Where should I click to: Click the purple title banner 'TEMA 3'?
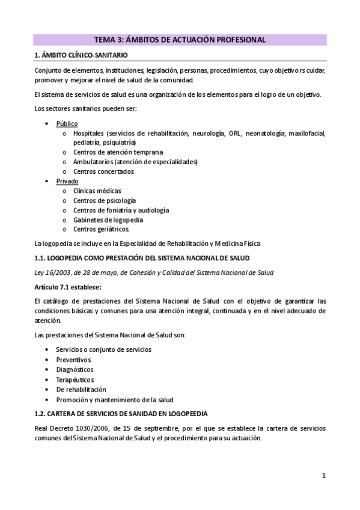tap(180, 40)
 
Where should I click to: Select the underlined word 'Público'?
tap(67, 123)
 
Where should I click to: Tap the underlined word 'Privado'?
tap(67, 181)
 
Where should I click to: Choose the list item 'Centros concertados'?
tap(103, 171)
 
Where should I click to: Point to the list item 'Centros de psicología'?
tap(105, 200)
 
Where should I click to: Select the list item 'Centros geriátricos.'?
tap(101, 229)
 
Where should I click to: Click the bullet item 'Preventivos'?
tap(75, 359)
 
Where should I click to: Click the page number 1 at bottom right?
tap(323, 476)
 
